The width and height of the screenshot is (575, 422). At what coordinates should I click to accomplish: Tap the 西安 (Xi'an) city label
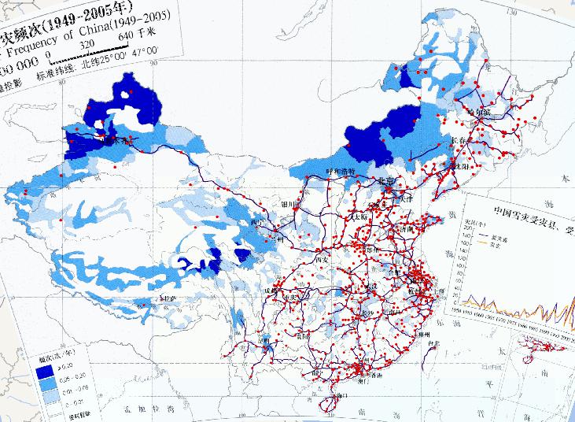pos(319,260)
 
